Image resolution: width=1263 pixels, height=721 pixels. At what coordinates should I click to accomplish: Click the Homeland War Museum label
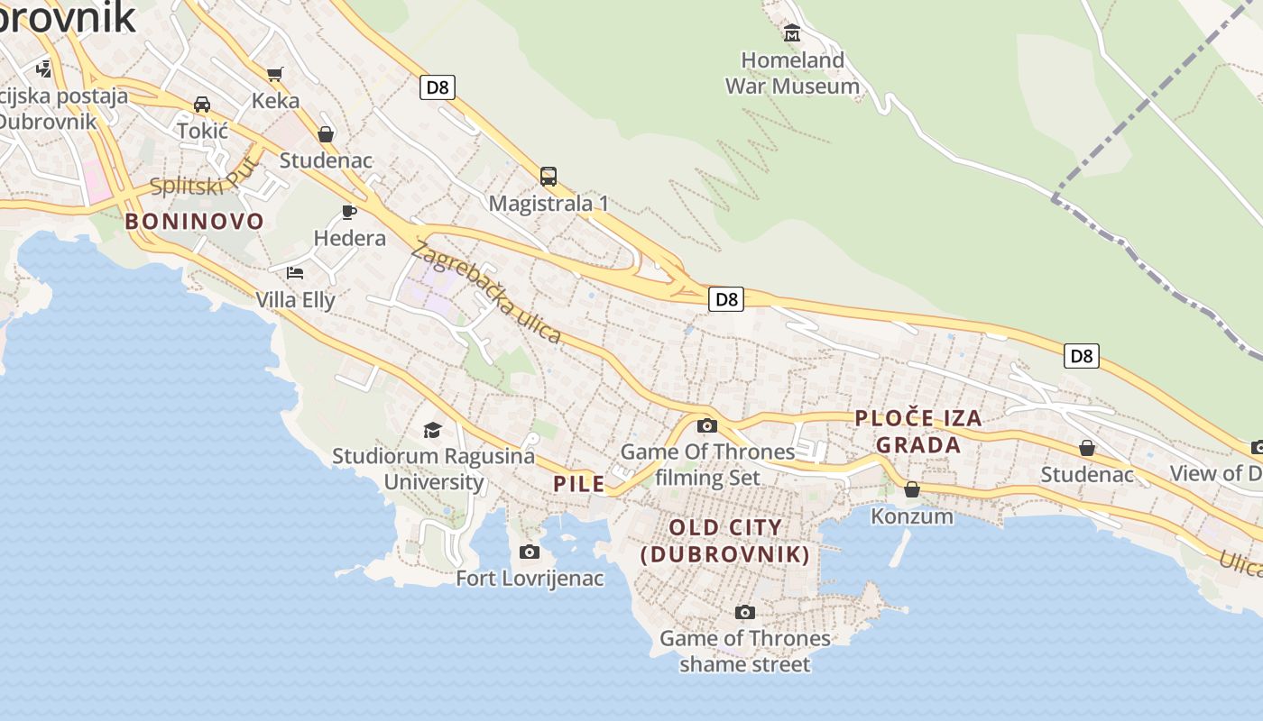792,73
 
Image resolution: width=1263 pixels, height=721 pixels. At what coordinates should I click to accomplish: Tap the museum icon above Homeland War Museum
792,33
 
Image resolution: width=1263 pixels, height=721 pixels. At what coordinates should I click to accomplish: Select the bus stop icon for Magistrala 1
548,177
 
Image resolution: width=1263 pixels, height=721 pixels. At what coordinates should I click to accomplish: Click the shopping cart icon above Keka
275,74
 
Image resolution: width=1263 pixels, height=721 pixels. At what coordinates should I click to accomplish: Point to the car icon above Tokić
202,105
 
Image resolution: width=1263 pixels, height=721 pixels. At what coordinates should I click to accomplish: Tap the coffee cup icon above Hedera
349,212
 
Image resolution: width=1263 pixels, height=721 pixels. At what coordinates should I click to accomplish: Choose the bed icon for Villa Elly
295,272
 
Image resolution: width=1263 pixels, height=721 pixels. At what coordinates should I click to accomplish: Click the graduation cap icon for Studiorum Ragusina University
433,430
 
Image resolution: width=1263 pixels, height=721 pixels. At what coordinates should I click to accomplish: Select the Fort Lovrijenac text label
530,579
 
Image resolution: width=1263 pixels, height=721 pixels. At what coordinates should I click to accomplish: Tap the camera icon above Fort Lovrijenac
530,552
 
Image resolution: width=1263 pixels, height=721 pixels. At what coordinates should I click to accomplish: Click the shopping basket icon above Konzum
912,489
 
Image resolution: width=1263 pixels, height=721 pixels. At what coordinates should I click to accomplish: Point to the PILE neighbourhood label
579,484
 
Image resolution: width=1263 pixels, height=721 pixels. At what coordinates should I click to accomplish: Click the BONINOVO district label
195,222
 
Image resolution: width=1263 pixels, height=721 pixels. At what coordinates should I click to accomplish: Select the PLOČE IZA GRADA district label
918,432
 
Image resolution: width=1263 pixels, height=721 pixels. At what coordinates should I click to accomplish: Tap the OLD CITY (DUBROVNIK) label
725,541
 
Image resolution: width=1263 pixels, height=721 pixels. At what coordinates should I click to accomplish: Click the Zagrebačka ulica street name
485,291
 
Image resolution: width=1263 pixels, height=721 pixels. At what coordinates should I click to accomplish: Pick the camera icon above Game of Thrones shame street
744,613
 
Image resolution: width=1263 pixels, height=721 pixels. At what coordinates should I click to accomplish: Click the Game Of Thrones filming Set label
708,464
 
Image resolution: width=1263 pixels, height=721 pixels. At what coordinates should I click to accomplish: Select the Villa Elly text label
296,300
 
